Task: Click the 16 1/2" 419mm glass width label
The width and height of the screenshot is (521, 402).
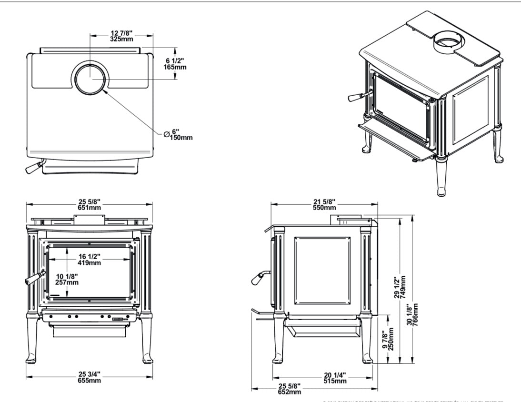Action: click(89, 260)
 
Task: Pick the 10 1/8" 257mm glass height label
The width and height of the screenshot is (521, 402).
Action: click(67, 279)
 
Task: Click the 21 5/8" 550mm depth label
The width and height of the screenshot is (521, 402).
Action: click(324, 204)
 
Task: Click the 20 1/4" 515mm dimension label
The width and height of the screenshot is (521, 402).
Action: click(334, 378)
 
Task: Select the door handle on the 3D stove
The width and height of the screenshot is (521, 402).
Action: click(357, 96)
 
